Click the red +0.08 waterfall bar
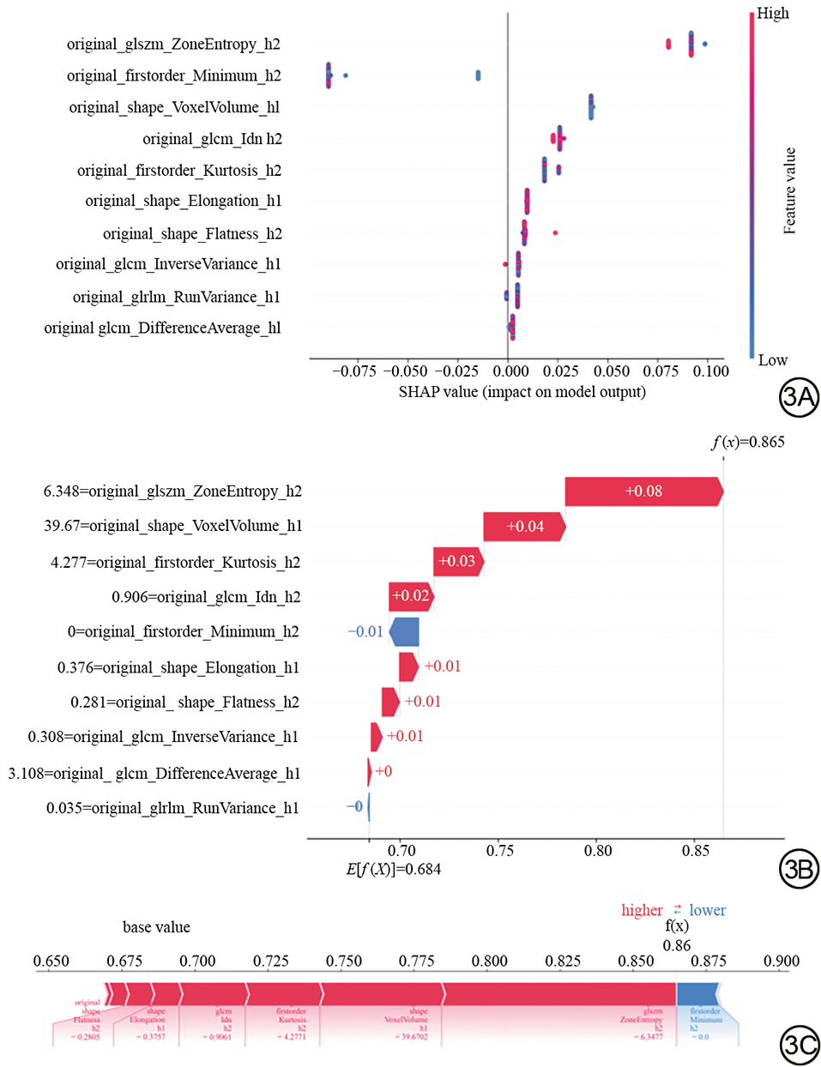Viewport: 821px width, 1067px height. pos(643,491)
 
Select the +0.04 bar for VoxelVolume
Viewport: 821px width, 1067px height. pos(524,527)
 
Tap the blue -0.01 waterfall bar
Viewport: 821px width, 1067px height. pos(405,632)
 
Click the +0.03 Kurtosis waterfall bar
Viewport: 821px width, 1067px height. pos(457,562)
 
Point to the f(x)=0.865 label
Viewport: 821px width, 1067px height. pos(747,443)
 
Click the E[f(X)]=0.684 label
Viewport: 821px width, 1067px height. pos(393,869)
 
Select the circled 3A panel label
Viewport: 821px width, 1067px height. pos(798,396)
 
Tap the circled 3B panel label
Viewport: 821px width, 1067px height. pos(798,869)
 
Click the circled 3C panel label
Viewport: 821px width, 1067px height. pos(799,1046)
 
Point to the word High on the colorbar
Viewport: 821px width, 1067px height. pos(773,14)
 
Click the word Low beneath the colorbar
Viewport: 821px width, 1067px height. pos(772,360)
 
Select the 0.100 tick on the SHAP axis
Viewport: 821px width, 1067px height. pos(711,371)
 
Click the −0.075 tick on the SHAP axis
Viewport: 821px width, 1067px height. pos(354,371)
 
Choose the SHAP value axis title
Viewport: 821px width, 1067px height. pos(522,392)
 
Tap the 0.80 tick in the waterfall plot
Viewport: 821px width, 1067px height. pos(598,851)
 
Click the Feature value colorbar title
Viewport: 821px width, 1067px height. pos(790,190)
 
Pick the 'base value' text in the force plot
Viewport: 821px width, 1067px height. pos(156,927)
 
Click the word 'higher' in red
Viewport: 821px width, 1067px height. pos(642,910)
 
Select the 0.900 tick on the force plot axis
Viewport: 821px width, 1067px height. pos(781,962)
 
